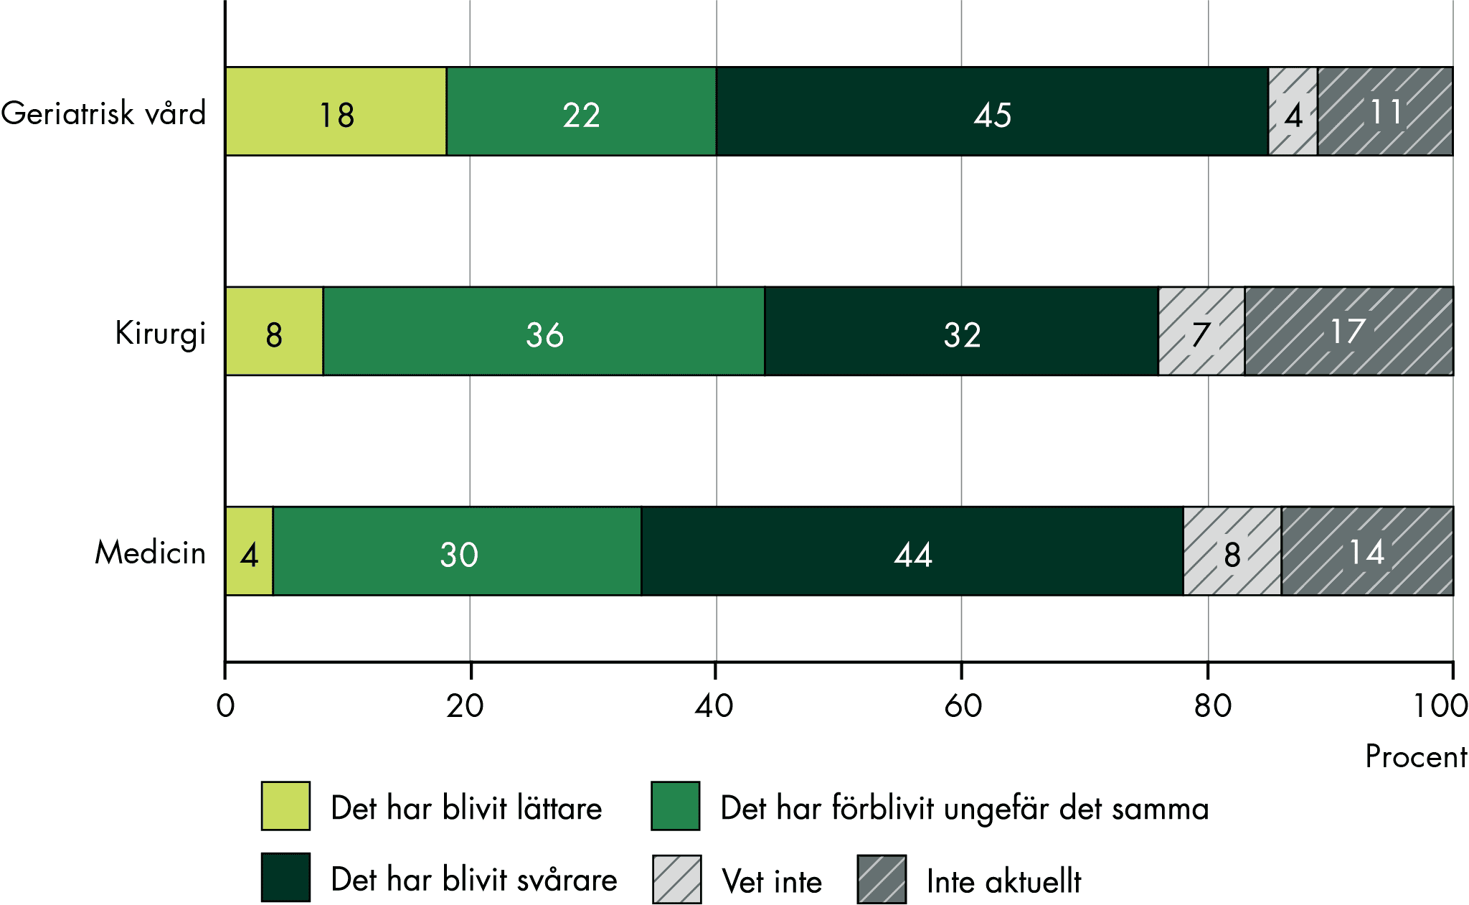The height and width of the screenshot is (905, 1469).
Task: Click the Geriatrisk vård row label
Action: [104, 113]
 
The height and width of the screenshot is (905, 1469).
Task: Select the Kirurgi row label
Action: [160, 333]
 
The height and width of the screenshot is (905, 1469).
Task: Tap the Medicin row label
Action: [150, 553]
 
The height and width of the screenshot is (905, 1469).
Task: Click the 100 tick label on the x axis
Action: [1440, 706]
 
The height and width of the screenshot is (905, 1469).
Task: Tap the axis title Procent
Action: [1415, 756]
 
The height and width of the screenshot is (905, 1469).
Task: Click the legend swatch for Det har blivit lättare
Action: [285, 806]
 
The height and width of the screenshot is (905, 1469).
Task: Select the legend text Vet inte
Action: [772, 881]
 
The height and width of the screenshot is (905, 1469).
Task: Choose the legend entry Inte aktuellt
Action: [1003, 881]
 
